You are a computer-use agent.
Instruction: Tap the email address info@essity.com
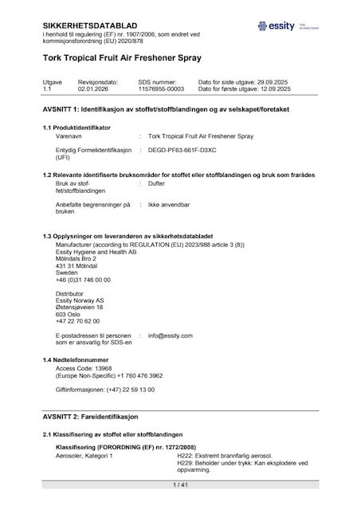[x=171, y=335]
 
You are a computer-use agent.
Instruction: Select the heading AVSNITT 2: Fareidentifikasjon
[x=91, y=417]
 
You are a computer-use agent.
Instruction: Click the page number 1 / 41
[x=179, y=484]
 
